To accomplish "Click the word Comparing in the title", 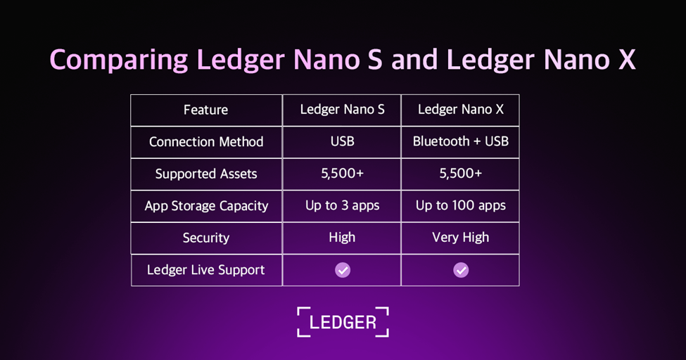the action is click(x=119, y=60).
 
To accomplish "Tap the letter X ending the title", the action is click(x=627, y=60).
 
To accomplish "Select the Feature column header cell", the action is click(x=205, y=110).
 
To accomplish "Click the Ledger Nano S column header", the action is click(x=342, y=110).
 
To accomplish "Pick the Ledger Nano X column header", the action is click(x=460, y=110).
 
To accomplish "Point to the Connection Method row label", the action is click(x=206, y=142).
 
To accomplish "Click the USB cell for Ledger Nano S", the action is click(x=342, y=141).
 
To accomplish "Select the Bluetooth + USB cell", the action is click(x=461, y=141).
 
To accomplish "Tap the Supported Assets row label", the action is click(x=206, y=174).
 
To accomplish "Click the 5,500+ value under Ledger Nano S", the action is click(x=342, y=174).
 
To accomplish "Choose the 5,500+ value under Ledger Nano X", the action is click(x=461, y=174).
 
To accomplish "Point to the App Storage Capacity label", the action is click(x=206, y=206).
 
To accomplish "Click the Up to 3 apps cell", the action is click(x=342, y=205).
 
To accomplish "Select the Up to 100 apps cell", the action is click(x=461, y=205).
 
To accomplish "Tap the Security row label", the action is click(x=206, y=238).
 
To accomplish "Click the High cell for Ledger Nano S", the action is click(x=342, y=238).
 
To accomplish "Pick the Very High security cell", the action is click(x=461, y=238).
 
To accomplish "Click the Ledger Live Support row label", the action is click(x=206, y=270).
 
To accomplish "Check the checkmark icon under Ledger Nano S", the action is click(x=343, y=270).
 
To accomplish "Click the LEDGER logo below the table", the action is click(x=343, y=322).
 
